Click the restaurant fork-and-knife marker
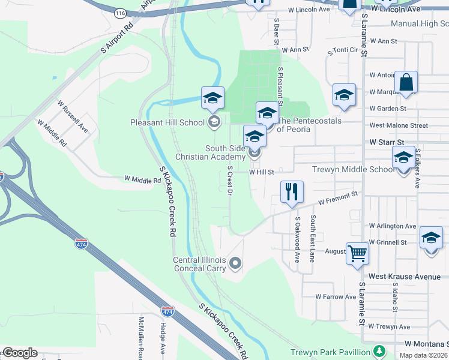(x=292, y=193)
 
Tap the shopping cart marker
(x=357, y=254)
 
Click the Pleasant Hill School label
(x=167, y=123)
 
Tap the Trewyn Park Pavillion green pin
(x=379, y=351)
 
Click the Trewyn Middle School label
(x=353, y=169)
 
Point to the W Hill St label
(x=261, y=172)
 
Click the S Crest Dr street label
(x=229, y=181)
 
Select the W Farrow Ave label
(x=337, y=297)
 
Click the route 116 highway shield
(x=120, y=13)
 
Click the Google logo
(x=19, y=353)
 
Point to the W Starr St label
(x=387, y=142)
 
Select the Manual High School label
(x=419, y=24)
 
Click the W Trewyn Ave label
(x=389, y=327)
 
